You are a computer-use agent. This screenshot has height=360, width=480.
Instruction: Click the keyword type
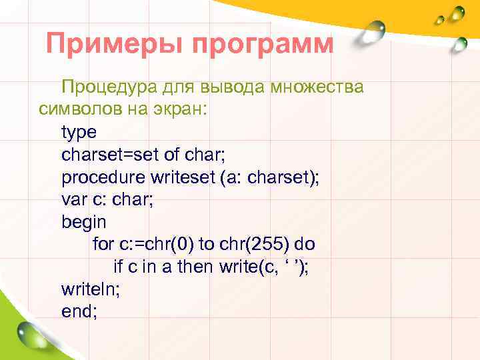coord(79,133)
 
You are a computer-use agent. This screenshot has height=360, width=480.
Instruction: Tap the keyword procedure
coord(102,178)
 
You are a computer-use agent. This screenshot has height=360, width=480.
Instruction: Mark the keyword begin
coord(83,222)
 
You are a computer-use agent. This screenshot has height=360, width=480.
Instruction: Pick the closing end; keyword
coord(79,311)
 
